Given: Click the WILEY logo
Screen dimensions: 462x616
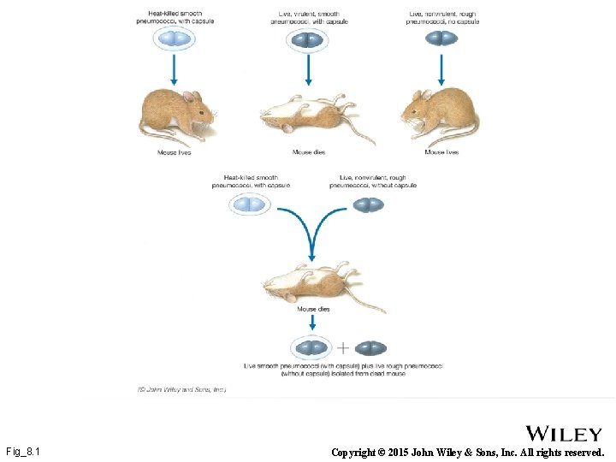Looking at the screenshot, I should point(564,434).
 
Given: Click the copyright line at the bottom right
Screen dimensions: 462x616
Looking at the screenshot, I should point(467,452).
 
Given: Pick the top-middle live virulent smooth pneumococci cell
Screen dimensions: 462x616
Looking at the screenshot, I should point(307,39).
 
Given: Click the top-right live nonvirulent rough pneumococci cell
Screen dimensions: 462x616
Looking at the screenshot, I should point(441,38).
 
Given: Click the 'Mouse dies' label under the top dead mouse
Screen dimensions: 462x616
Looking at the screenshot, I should point(308,152).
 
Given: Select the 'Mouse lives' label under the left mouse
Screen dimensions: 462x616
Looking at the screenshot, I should point(174,152).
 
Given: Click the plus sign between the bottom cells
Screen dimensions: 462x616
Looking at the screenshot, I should point(342,348).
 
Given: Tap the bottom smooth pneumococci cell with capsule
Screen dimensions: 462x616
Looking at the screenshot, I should point(311,348).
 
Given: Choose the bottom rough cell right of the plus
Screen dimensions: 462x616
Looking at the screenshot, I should point(370,348).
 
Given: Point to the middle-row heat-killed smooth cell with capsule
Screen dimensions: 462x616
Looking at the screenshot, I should point(250,204).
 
